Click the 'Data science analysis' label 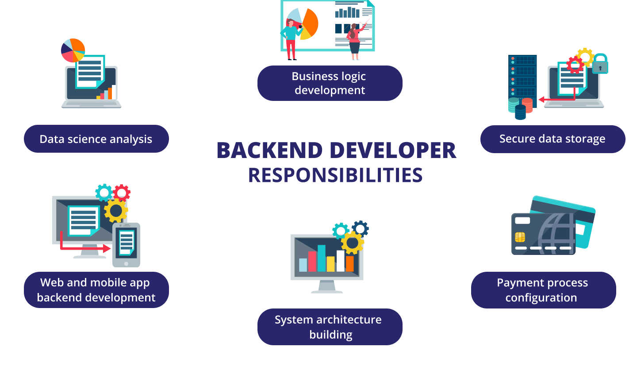pyautogui.click(x=96, y=139)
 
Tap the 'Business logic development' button pyautogui.click(x=330, y=83)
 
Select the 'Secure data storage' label pyautogui.click(x=553, y=139)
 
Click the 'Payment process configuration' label pyautogui.click(x=543, y=290)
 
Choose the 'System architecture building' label pyautogui.click(x=330, y=327)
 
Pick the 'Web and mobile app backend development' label pyautogui.click(x=96, y=290)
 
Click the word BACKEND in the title pyautogui.click(x=269, y=150)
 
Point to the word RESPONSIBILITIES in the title pyautogui.click(x=335, y=175)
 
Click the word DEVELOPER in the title pyautogui.click(x=393, y=150)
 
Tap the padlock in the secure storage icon pyautogui.click(x=600, y=64)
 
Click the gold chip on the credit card pyautogui.click(x=520, y=237)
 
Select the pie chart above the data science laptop pyautogui.click(x=73, y=50)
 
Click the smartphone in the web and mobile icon pyautogui.click(x=126, y=245)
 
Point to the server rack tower pyautogui.click(x=522, y=81)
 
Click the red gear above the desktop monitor pyautogui.click(x=122, y=193)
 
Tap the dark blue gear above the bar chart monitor pyautogui.click(x=360, y=228)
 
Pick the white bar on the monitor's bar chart pyautogui.click(x=341, y=261)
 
